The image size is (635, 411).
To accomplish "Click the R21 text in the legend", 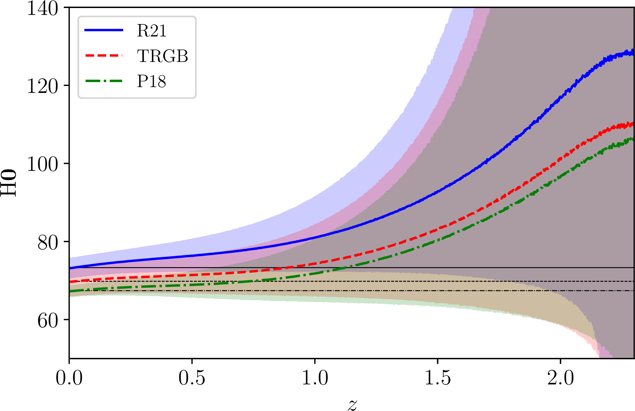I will (x=152, y=31).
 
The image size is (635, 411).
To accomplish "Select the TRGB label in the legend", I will (x=163, y=56).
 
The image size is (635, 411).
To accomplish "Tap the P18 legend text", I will (x=152, y=81).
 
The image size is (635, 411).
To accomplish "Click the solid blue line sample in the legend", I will (x=104, y=30).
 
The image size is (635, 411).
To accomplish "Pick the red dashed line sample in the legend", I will (x=104, y=55).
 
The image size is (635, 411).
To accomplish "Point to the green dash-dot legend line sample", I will (x=104, y=81).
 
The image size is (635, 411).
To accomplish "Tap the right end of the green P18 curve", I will (x=633, y=139).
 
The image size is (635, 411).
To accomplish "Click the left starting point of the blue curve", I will (x=70, y=268).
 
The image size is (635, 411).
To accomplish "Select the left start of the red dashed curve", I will (x=70, y=282).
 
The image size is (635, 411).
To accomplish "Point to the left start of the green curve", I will (x=70, y=291).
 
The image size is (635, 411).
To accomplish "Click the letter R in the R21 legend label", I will (x=142, y=31).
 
